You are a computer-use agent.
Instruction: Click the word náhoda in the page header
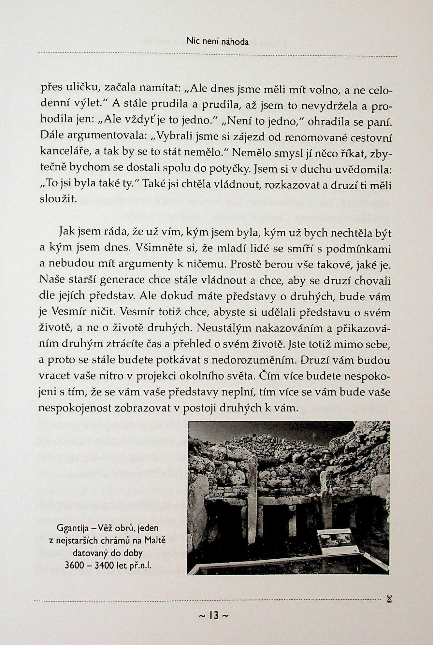point(235,42)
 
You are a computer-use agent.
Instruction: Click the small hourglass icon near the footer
point(389,598)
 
